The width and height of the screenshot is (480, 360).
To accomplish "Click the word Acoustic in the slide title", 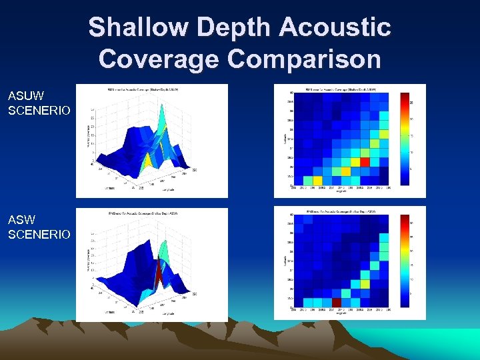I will click(335, 28).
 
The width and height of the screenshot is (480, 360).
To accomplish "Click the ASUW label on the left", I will click(22, 96).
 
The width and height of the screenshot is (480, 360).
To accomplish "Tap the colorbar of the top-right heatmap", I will click(405, 139).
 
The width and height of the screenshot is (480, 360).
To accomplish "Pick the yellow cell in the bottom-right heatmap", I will click(364, 283).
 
